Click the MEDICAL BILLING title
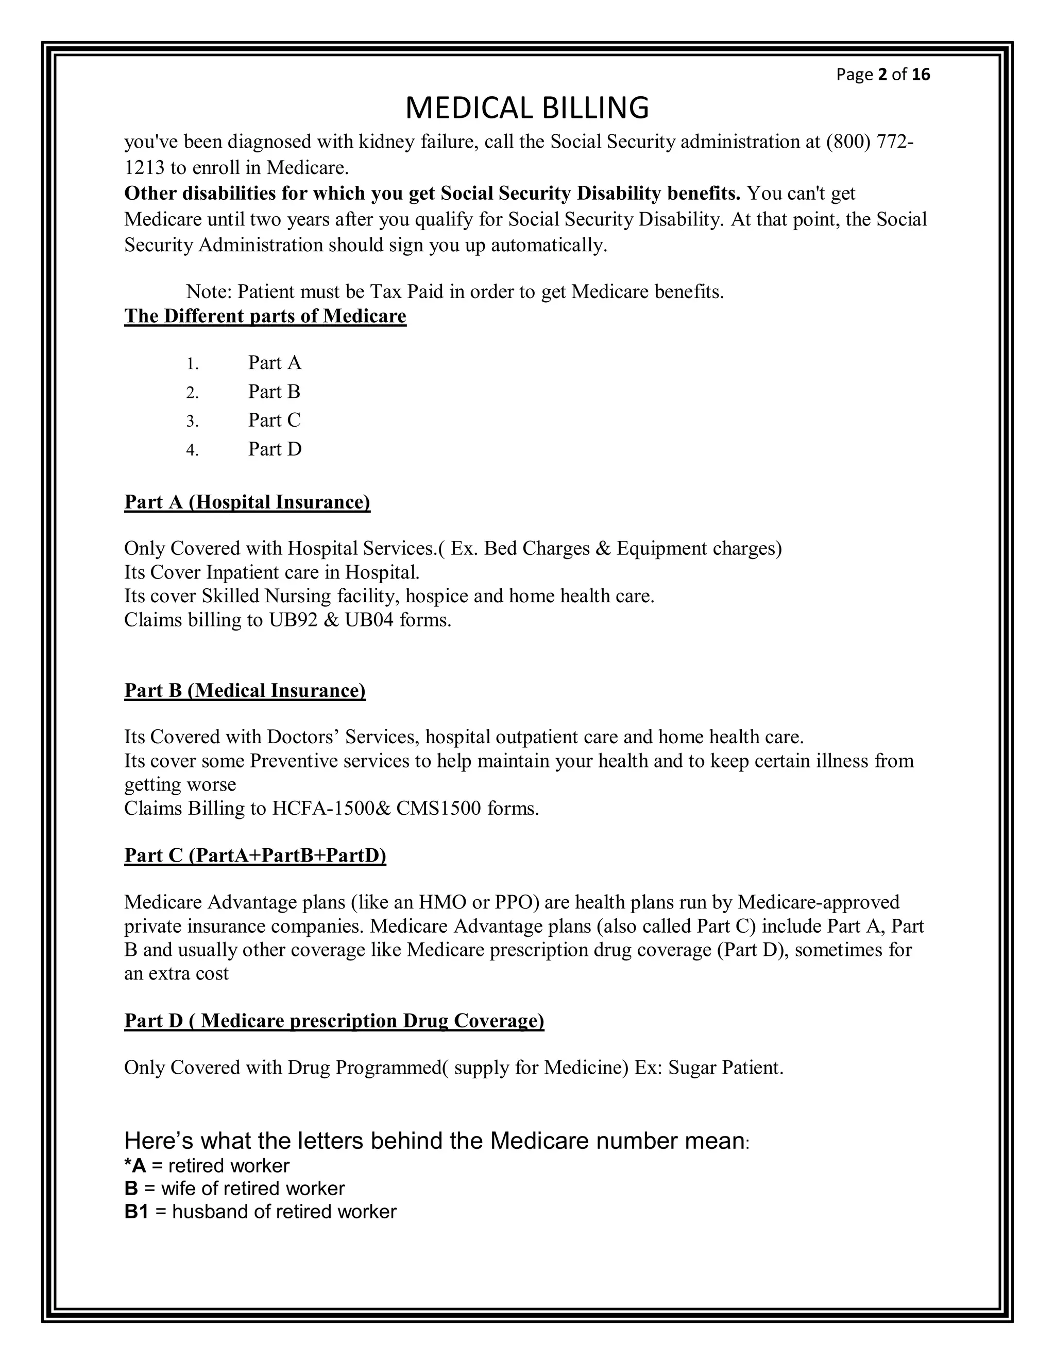[527, 108]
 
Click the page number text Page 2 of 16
[882, 75]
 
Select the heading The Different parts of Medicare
[265, 316]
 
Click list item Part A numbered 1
[275, 363]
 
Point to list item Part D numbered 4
[275, 449]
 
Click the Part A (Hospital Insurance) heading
[247, 502]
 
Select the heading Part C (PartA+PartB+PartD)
[255, 855]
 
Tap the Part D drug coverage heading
[334, 1021]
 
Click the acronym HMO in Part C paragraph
[443, 902]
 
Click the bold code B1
[136, 1212]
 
